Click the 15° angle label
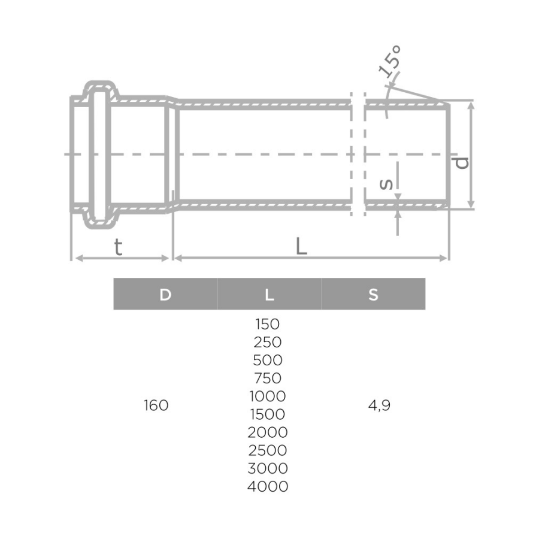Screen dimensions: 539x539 point(390,62)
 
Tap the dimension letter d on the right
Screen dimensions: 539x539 point(461,162)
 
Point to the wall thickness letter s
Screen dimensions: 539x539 point(387,184)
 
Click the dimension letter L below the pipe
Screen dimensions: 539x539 point(301,246)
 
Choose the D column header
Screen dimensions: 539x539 point(165,294)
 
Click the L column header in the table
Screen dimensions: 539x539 point(269,294)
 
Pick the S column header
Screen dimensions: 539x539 point(373,294)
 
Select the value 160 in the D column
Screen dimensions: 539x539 point(156,405)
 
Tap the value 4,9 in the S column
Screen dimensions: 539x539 point(379,405)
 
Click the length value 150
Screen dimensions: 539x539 point(267,325)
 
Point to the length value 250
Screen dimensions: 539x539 point(267,343)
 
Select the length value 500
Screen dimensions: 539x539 point(267,361)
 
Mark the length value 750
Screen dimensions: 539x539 point(267,378)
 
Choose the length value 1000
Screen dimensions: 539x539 point(267,396)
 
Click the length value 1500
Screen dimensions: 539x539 point(267,414)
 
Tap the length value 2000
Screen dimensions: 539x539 point(267,432)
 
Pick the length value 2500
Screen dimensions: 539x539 point(267,450)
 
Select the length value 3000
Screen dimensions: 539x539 point(267,468)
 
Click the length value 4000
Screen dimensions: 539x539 point(267,486)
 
